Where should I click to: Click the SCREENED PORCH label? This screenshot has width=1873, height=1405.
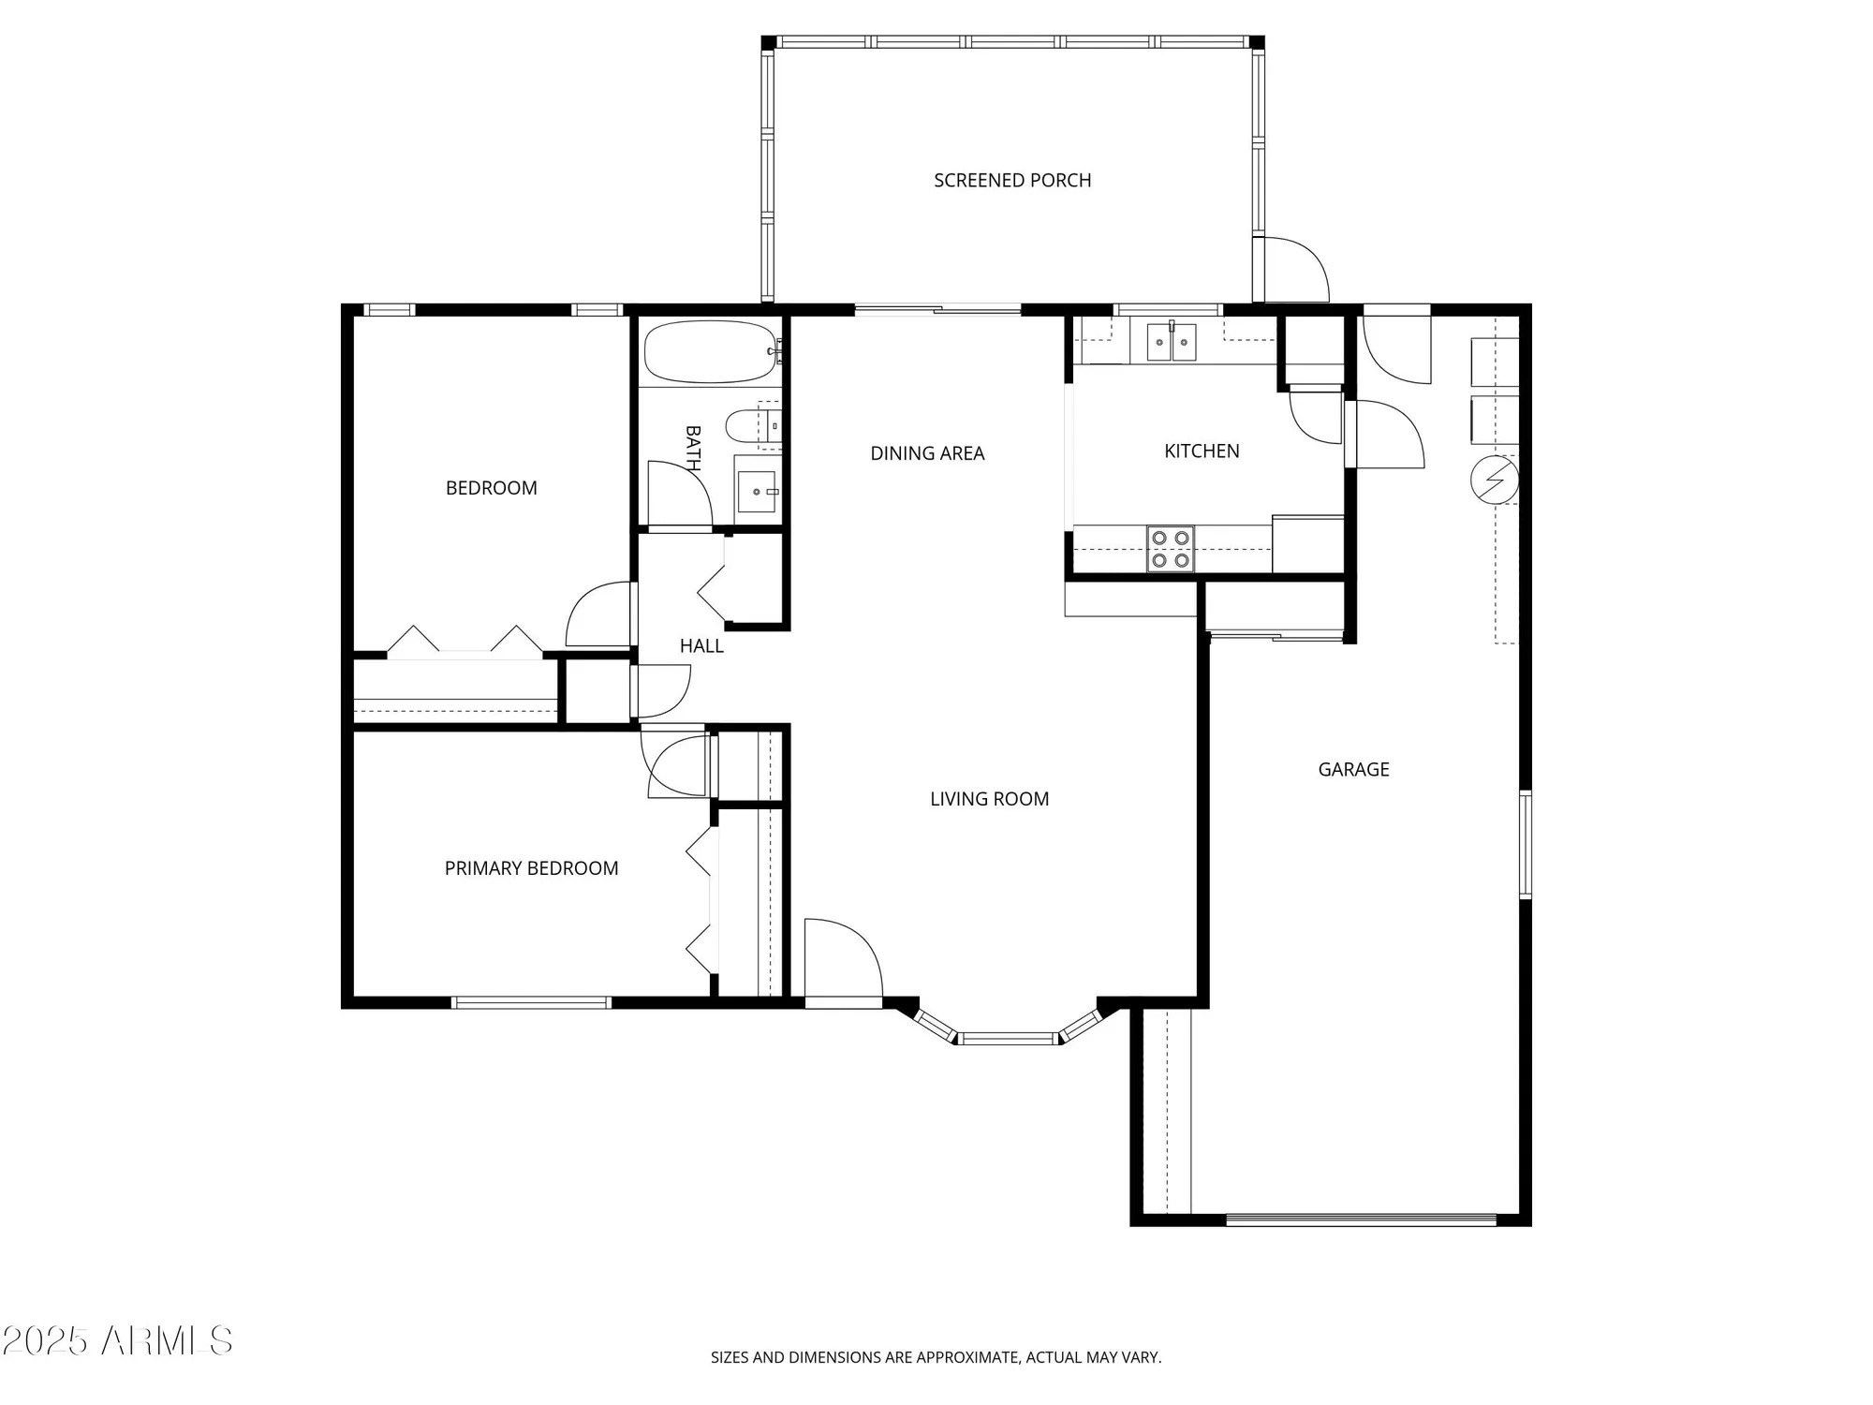(x=1012, y=180)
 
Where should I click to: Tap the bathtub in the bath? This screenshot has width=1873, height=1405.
(x=709, y=352)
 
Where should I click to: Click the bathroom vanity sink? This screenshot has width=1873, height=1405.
(x=757, y=491)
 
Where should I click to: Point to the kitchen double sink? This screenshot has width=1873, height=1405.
(x=1172, y=342)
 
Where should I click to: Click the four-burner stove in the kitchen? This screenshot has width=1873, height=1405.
(x=1171, y=549)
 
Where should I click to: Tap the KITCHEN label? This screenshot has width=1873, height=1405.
(x=1202, y=451)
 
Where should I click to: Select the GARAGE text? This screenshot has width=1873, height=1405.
(x=1353, y=769)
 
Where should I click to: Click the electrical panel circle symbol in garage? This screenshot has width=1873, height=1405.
(x=1495, y=480)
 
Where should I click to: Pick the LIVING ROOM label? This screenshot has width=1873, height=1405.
(x=989, y=799)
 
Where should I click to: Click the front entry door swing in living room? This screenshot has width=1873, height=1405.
(x=842, y=960)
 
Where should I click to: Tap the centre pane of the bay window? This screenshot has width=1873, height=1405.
(x=1008, y=1038)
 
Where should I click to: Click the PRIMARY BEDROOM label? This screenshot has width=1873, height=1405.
(x=531, y=868)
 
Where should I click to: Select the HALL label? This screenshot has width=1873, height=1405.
(x=701, y=645)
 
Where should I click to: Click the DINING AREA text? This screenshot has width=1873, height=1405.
(x=927, y=453)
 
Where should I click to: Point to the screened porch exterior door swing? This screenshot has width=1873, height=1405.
(x=1292, y=270)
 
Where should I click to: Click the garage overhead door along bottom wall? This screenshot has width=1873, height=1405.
(x=1361, y=1220)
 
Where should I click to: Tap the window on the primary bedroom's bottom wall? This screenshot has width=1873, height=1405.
(x=531, y=1002)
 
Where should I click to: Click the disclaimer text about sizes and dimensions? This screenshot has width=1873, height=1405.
(x=936, y=1357)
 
